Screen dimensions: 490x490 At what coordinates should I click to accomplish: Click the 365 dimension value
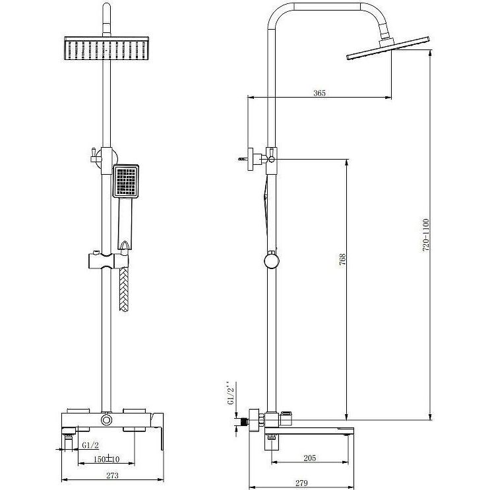pyautogui.click(x=319, y=93)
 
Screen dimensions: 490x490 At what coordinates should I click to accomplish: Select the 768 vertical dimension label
pyautogui.click(x=342, y=259)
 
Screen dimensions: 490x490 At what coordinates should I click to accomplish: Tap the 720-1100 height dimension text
pyautogui.click(x=426, y=235)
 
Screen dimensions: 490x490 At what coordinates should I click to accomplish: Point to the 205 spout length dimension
pyautogui.click(x=310, y=458)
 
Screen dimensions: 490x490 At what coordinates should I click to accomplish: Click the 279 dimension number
pyautogui.click(x=301, y=483)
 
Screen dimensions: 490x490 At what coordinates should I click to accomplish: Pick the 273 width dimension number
pyautogui.click(x=112, y=475)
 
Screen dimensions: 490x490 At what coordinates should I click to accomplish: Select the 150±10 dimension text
pyautogui.click(x=107, y=459)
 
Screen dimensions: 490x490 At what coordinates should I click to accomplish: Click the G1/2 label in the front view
pyautogui.click(x=90, y=444)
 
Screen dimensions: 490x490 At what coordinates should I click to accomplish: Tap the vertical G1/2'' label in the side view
pyautogui.click(x=230, y=393)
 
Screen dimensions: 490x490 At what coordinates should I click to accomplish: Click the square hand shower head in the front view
pyautogui.click(x=125, y=181)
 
